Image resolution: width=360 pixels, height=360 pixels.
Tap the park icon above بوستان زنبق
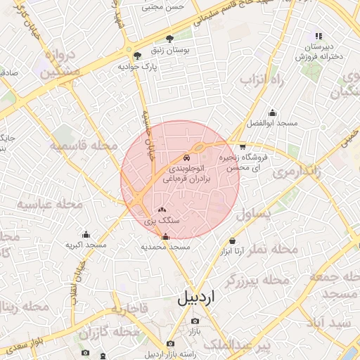(169, 39)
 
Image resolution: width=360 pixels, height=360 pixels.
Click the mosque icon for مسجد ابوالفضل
(273, 112)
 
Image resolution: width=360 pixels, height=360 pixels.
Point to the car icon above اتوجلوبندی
(186, 157)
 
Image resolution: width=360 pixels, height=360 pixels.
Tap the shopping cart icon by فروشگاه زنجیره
(243, 147)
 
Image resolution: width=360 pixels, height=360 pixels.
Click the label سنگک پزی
(162, 220)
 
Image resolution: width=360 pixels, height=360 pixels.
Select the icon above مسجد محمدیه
(166, 236)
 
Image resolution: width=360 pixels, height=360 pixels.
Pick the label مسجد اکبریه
(86, 245)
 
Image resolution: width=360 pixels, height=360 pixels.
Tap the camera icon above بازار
(194, 321)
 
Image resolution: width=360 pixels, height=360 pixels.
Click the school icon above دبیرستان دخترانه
(319, 36)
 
